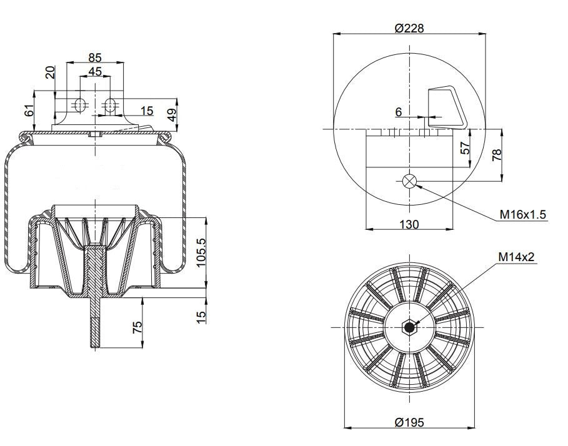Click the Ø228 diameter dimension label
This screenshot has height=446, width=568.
click(409, 28)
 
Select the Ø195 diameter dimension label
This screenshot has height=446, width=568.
click(409, 422)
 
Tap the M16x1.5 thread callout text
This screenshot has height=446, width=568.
click(522, 214)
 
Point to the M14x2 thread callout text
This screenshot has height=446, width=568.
click(516, 257)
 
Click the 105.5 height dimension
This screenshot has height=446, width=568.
click(201, 252)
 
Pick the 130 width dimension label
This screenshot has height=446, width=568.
click(409, 224)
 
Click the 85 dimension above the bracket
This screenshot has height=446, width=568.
click(95, 57)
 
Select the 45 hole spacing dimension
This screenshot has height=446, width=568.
click(95, 71)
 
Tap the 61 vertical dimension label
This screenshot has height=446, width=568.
click(29, 110)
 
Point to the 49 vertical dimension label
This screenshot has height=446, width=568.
click(172, 115)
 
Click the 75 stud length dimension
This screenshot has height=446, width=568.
click(137, 327)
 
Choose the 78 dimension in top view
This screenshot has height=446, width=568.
click(497, 154)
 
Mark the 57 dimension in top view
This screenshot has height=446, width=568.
click(465, 147)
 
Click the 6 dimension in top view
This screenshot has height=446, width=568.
click(399, 112)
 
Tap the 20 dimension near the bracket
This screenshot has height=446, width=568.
click(51, 72)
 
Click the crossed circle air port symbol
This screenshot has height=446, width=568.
click(409, 181)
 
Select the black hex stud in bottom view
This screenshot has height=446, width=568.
click(409, 327)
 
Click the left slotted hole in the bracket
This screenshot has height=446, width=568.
click(80, 105)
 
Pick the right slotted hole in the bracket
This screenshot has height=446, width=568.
click(110, 105)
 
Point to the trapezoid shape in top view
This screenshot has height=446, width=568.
click(447, 107)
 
